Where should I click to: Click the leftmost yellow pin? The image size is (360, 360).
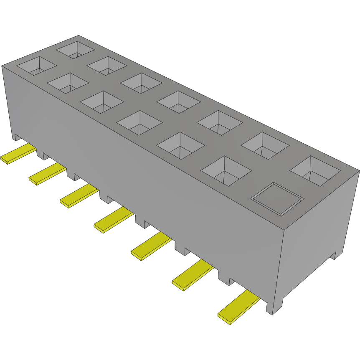tap(18, 154)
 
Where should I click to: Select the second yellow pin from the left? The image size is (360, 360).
tap(47, 174)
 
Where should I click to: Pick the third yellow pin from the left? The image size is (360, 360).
tap(79, 197)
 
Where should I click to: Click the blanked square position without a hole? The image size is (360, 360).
tap(277, 198)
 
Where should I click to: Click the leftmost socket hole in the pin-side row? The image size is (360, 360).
tap(36, 66)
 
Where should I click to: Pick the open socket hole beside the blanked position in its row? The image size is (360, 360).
tap(226, 170)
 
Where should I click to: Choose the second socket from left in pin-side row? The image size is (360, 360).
tap(68, 83)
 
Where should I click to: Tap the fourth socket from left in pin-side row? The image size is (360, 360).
tap(139, 122)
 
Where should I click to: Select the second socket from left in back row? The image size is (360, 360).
tap(107, 65)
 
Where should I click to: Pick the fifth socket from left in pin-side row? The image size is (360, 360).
tap(180, 145)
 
